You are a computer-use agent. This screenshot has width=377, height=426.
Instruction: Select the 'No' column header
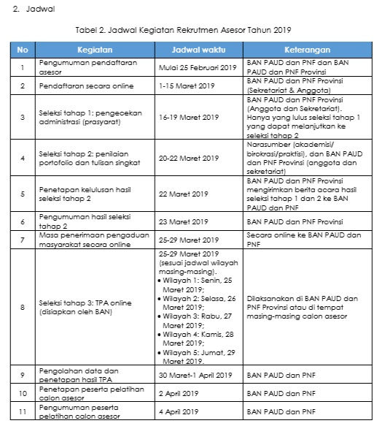(23, 49)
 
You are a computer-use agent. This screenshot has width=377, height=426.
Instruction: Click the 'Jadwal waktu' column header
(198, 49)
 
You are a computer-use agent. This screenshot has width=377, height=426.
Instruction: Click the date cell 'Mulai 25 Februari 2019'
(198, 68)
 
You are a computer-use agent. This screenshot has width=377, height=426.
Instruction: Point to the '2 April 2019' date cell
(179, 392)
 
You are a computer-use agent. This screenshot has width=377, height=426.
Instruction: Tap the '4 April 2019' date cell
(179, 412)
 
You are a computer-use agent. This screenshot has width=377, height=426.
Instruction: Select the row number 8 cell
(23, 308)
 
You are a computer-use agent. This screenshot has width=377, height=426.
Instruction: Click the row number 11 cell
(23, 412)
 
